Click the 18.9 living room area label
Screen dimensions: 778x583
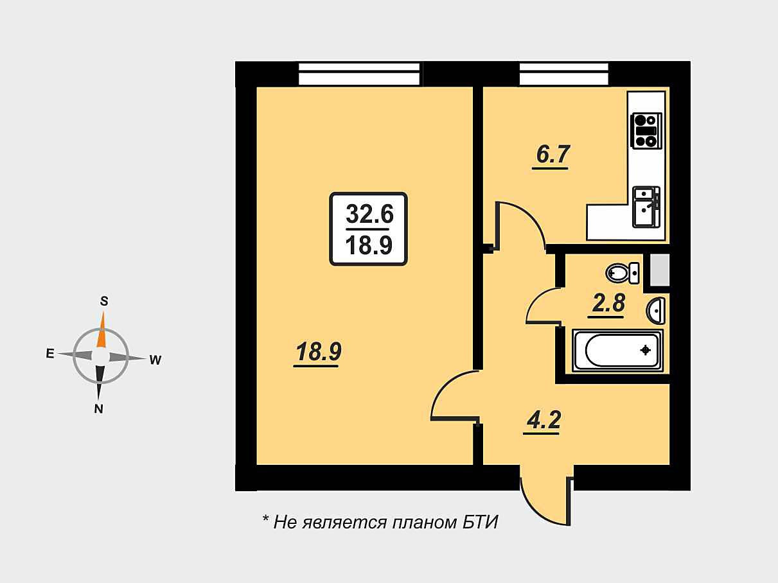tap(317, 352)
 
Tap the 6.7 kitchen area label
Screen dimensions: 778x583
tap(551, 155)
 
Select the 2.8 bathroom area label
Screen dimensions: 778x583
tap(608, 303)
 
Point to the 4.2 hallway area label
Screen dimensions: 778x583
tap(544, 421)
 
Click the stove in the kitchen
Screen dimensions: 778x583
tap(646, 130)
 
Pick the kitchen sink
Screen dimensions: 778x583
tap(646, 206)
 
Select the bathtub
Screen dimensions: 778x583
tap(617, 351)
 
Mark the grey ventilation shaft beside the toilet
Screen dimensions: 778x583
tap(660, 270)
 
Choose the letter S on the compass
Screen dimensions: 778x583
tap(103, 300)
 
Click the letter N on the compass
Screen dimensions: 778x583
tap(99, 409)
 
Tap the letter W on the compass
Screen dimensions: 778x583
tap(155, 360)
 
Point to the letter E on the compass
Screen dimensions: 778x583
tap(49, 353)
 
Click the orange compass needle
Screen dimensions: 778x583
tap(101, 331)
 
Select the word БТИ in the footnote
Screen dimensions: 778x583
tap(480, 522)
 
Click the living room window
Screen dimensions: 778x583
tap(360, 74)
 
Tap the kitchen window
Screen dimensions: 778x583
tap(563, 74)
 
